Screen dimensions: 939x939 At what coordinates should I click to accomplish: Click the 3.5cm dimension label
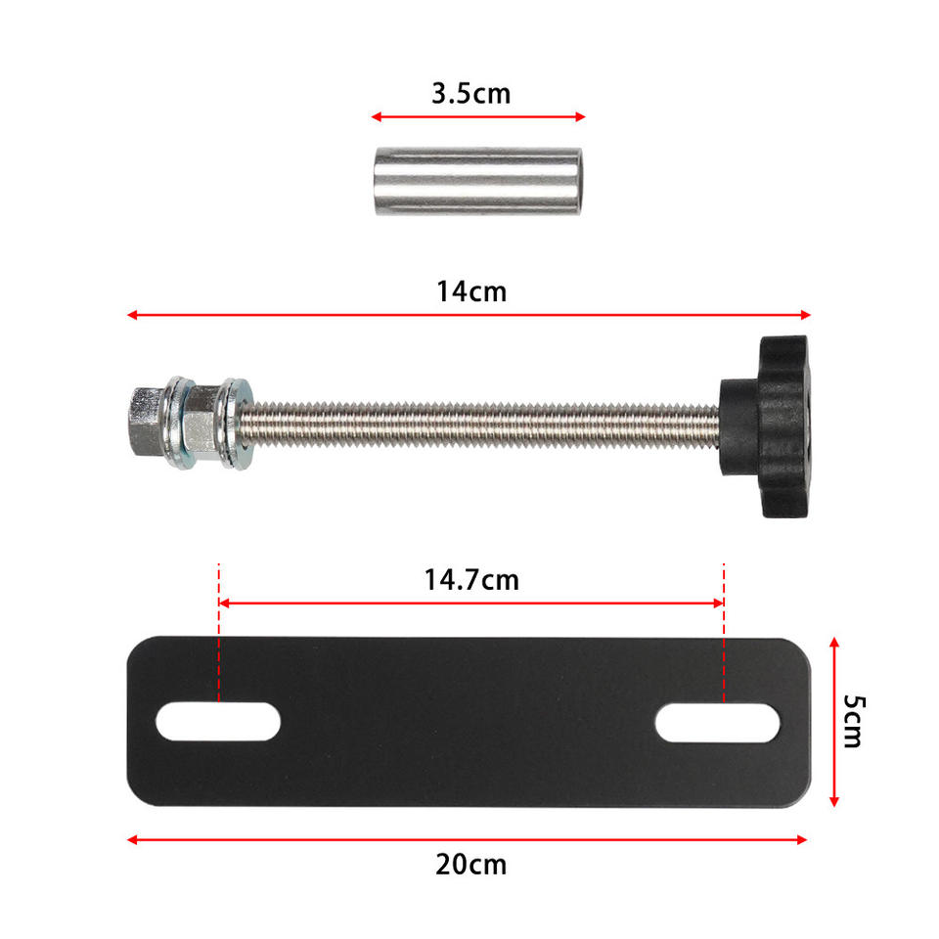(470, 94)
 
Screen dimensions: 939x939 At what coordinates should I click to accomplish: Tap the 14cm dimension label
(471, 291)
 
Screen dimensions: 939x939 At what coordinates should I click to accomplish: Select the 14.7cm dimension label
(471, 580)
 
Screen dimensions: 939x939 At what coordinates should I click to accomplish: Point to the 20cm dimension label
(470, 865)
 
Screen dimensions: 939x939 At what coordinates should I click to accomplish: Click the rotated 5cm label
(853, 722)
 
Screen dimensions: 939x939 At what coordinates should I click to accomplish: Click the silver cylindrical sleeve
(477, 181)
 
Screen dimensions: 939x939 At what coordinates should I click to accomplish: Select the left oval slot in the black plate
(218, 721)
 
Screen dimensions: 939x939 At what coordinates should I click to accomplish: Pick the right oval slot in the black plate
(717, 723)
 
